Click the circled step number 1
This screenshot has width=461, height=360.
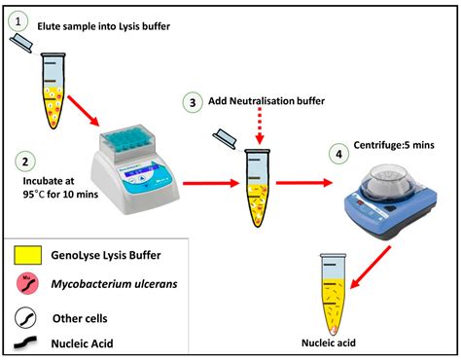[21, 18]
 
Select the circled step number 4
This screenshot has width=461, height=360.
[338, 152]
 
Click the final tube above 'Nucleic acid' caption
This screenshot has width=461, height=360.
[332, 287]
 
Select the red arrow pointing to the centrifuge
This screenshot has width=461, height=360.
[307, 181]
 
